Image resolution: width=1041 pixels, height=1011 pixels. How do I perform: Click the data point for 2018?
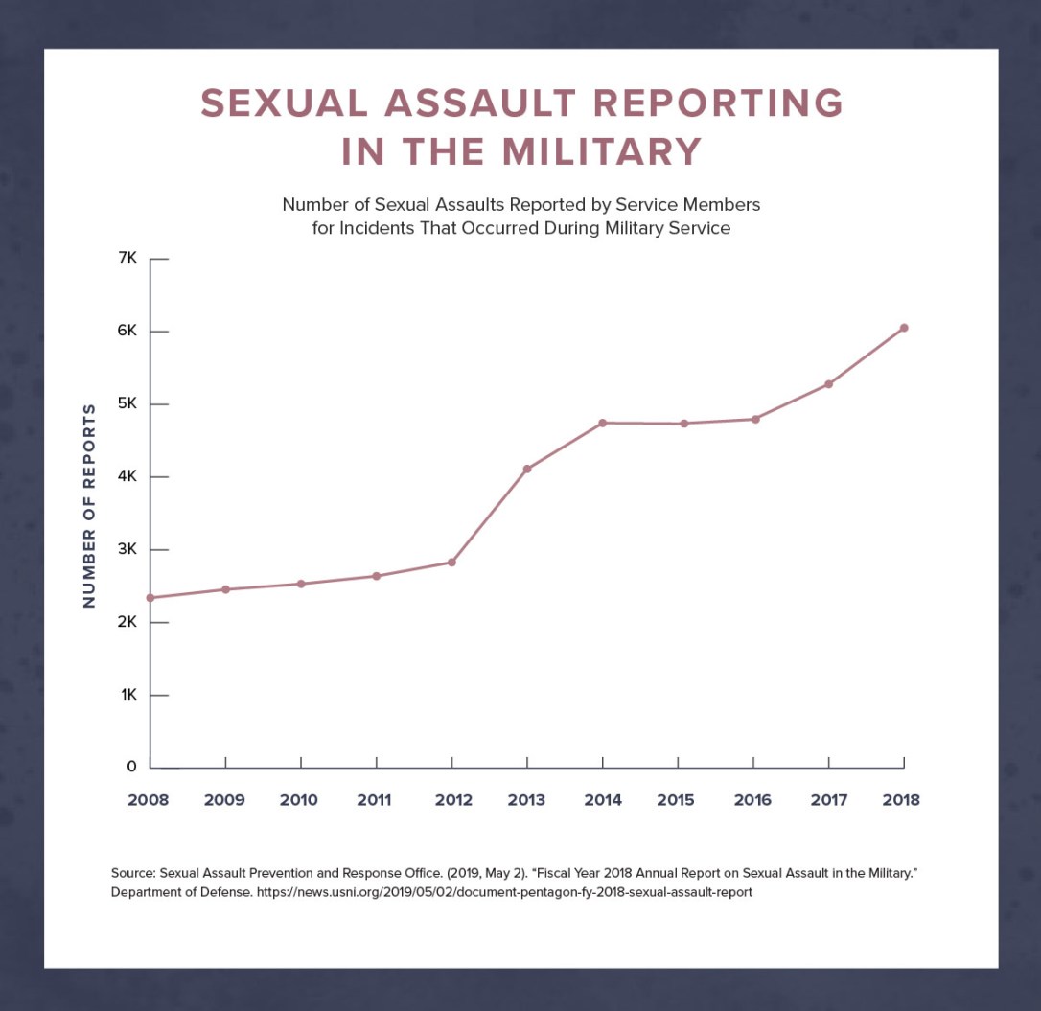click(x=904, y=328)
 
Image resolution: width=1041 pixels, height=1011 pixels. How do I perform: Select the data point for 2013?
click(x=527, y=469)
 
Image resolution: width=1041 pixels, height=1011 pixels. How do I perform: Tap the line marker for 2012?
click(x=451, y=563)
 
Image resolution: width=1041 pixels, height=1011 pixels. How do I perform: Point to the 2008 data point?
click(x=150, y=598)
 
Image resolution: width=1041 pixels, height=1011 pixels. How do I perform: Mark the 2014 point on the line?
click(x=603, y=423)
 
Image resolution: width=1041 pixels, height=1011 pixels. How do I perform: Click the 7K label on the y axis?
click(x=128, y=259)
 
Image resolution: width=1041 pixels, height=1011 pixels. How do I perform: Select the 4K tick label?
click(x=128, y=477)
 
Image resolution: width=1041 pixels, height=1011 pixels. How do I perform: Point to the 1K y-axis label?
click(x=129, y=695)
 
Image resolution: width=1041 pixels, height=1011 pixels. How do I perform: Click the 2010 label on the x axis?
click(x=299, y=800)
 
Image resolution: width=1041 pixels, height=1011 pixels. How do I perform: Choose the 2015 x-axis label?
click(x=676, y=800)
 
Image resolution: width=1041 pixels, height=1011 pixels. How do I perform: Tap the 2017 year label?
click(x=828, y=800)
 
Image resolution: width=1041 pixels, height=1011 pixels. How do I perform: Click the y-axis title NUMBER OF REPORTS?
click(x=89, y=505)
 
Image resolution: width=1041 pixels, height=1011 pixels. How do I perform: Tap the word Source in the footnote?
click(x=132, y=873)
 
